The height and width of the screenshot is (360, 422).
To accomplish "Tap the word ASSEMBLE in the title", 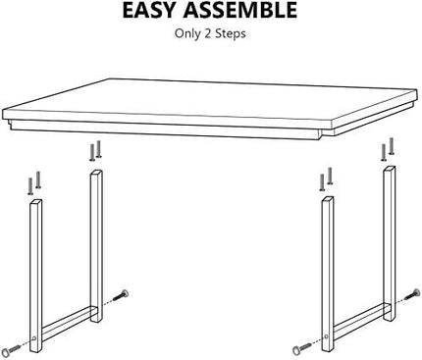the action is click(240, 10).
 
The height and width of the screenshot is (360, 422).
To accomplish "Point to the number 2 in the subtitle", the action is click(207, 33).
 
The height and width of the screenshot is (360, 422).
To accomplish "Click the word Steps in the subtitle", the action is click(231, 33).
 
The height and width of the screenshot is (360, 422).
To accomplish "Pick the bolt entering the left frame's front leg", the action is click(11, 350).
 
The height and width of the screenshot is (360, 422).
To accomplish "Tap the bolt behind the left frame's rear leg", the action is click(121, 294).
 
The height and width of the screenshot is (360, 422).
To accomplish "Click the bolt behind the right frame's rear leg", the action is click(413, 294).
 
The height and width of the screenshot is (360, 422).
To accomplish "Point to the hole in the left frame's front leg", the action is click(34, 338).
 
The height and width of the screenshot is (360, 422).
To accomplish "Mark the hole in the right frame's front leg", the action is click(327, 335).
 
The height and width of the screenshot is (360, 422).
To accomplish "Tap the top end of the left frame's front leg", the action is click(36, 201).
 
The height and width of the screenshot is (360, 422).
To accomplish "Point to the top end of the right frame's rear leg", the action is click(390, 168).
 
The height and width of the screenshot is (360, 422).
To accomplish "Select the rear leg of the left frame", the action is click(96, 246).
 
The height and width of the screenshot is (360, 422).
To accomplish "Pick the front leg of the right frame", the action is click(328, 274).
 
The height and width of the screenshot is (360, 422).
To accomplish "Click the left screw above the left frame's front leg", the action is click(30, 186).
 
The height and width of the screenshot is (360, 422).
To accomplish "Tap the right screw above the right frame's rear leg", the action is click(392, 146).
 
